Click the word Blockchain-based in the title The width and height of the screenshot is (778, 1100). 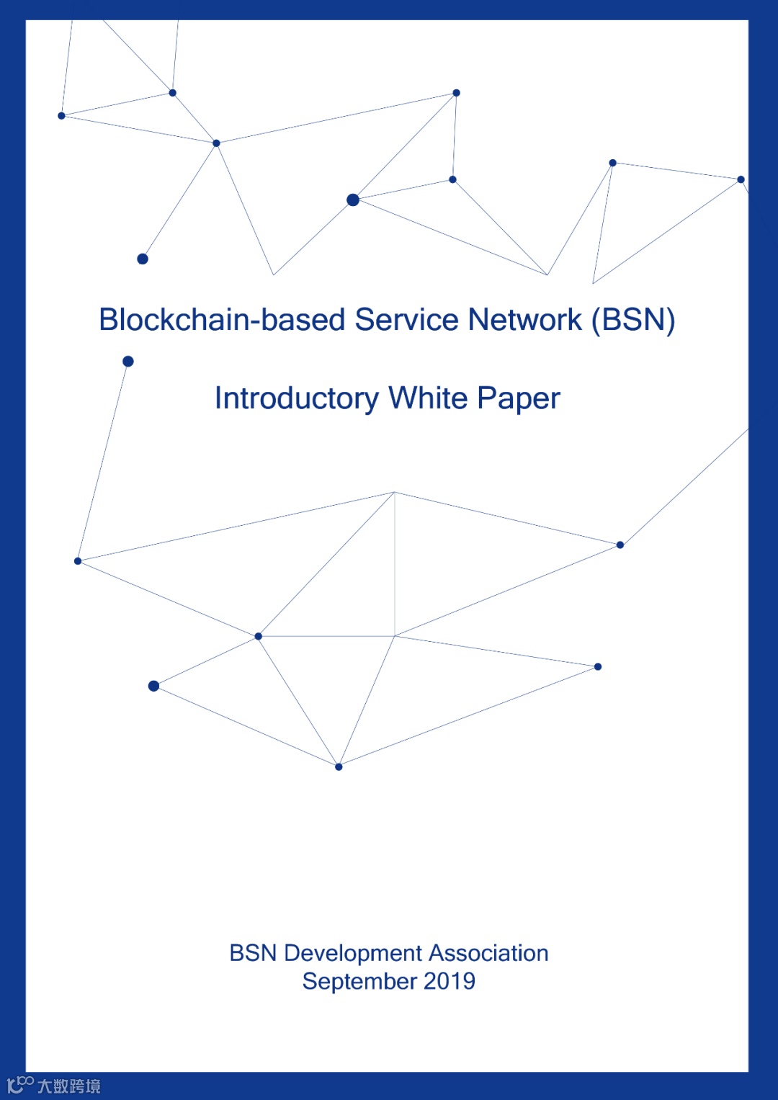pos(221,320)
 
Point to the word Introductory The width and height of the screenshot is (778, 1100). pos(297,398)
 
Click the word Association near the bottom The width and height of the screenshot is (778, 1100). pos(489,953)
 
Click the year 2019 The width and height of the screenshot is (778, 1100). pos(450,981)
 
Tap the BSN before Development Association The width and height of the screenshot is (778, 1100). pos(253,953)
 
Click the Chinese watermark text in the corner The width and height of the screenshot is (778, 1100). pos(69,1086)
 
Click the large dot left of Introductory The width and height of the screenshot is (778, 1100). pos(128,362)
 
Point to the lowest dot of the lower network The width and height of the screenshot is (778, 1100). pos(339,767)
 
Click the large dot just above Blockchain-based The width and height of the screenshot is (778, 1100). pos(143,259)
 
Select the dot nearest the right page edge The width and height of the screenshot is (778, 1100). pos(741,179)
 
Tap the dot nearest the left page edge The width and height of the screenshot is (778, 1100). pos(62,116)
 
